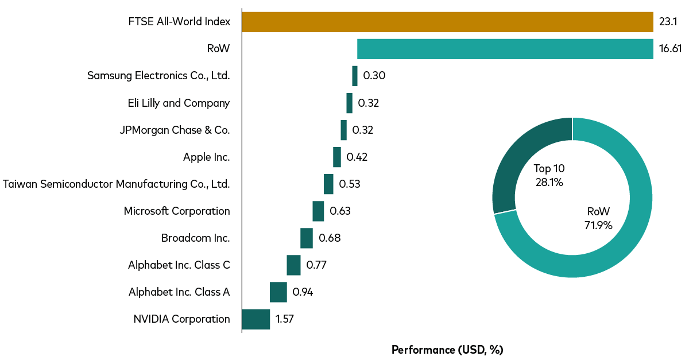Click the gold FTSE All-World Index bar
pyautogui.click(x=447, y=22)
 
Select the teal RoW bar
pyautogui.click(x=505, y=49)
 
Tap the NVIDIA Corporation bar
pyautogui.click(x=256, y=319)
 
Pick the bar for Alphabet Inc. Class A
pyautogui.click(x=278, y=292)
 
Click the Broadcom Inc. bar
pyautogui.click(x=307, y=238)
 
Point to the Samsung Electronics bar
pyautogui.click(x=355, y=76)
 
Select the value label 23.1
pyautogui.click(x=668, y=22)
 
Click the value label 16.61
pyautogui.click(x=670, y=49)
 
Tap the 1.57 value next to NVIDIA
pyautogui.click(x=285, y=319)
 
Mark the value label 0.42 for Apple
pyautogui.click(x=357, y=157)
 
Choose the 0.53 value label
pyautogui.click(x=350, y=184)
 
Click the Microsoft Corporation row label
pyautogui.click(x=177, y=211)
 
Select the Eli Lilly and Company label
pyautogui.click(x=179, y=103)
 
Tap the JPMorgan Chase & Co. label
pyautogui.click(x=175, y=130)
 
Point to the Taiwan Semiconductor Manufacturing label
pyautogui.click(x=117, y=184)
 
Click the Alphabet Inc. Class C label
pyautogui.click(x=179, y=265)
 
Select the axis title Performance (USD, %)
pyautogui.click(x=447, y=350)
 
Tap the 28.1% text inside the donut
pyautogui.click(x=549, y=183)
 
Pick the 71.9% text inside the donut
pyautogui.click(x=598, y=225)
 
